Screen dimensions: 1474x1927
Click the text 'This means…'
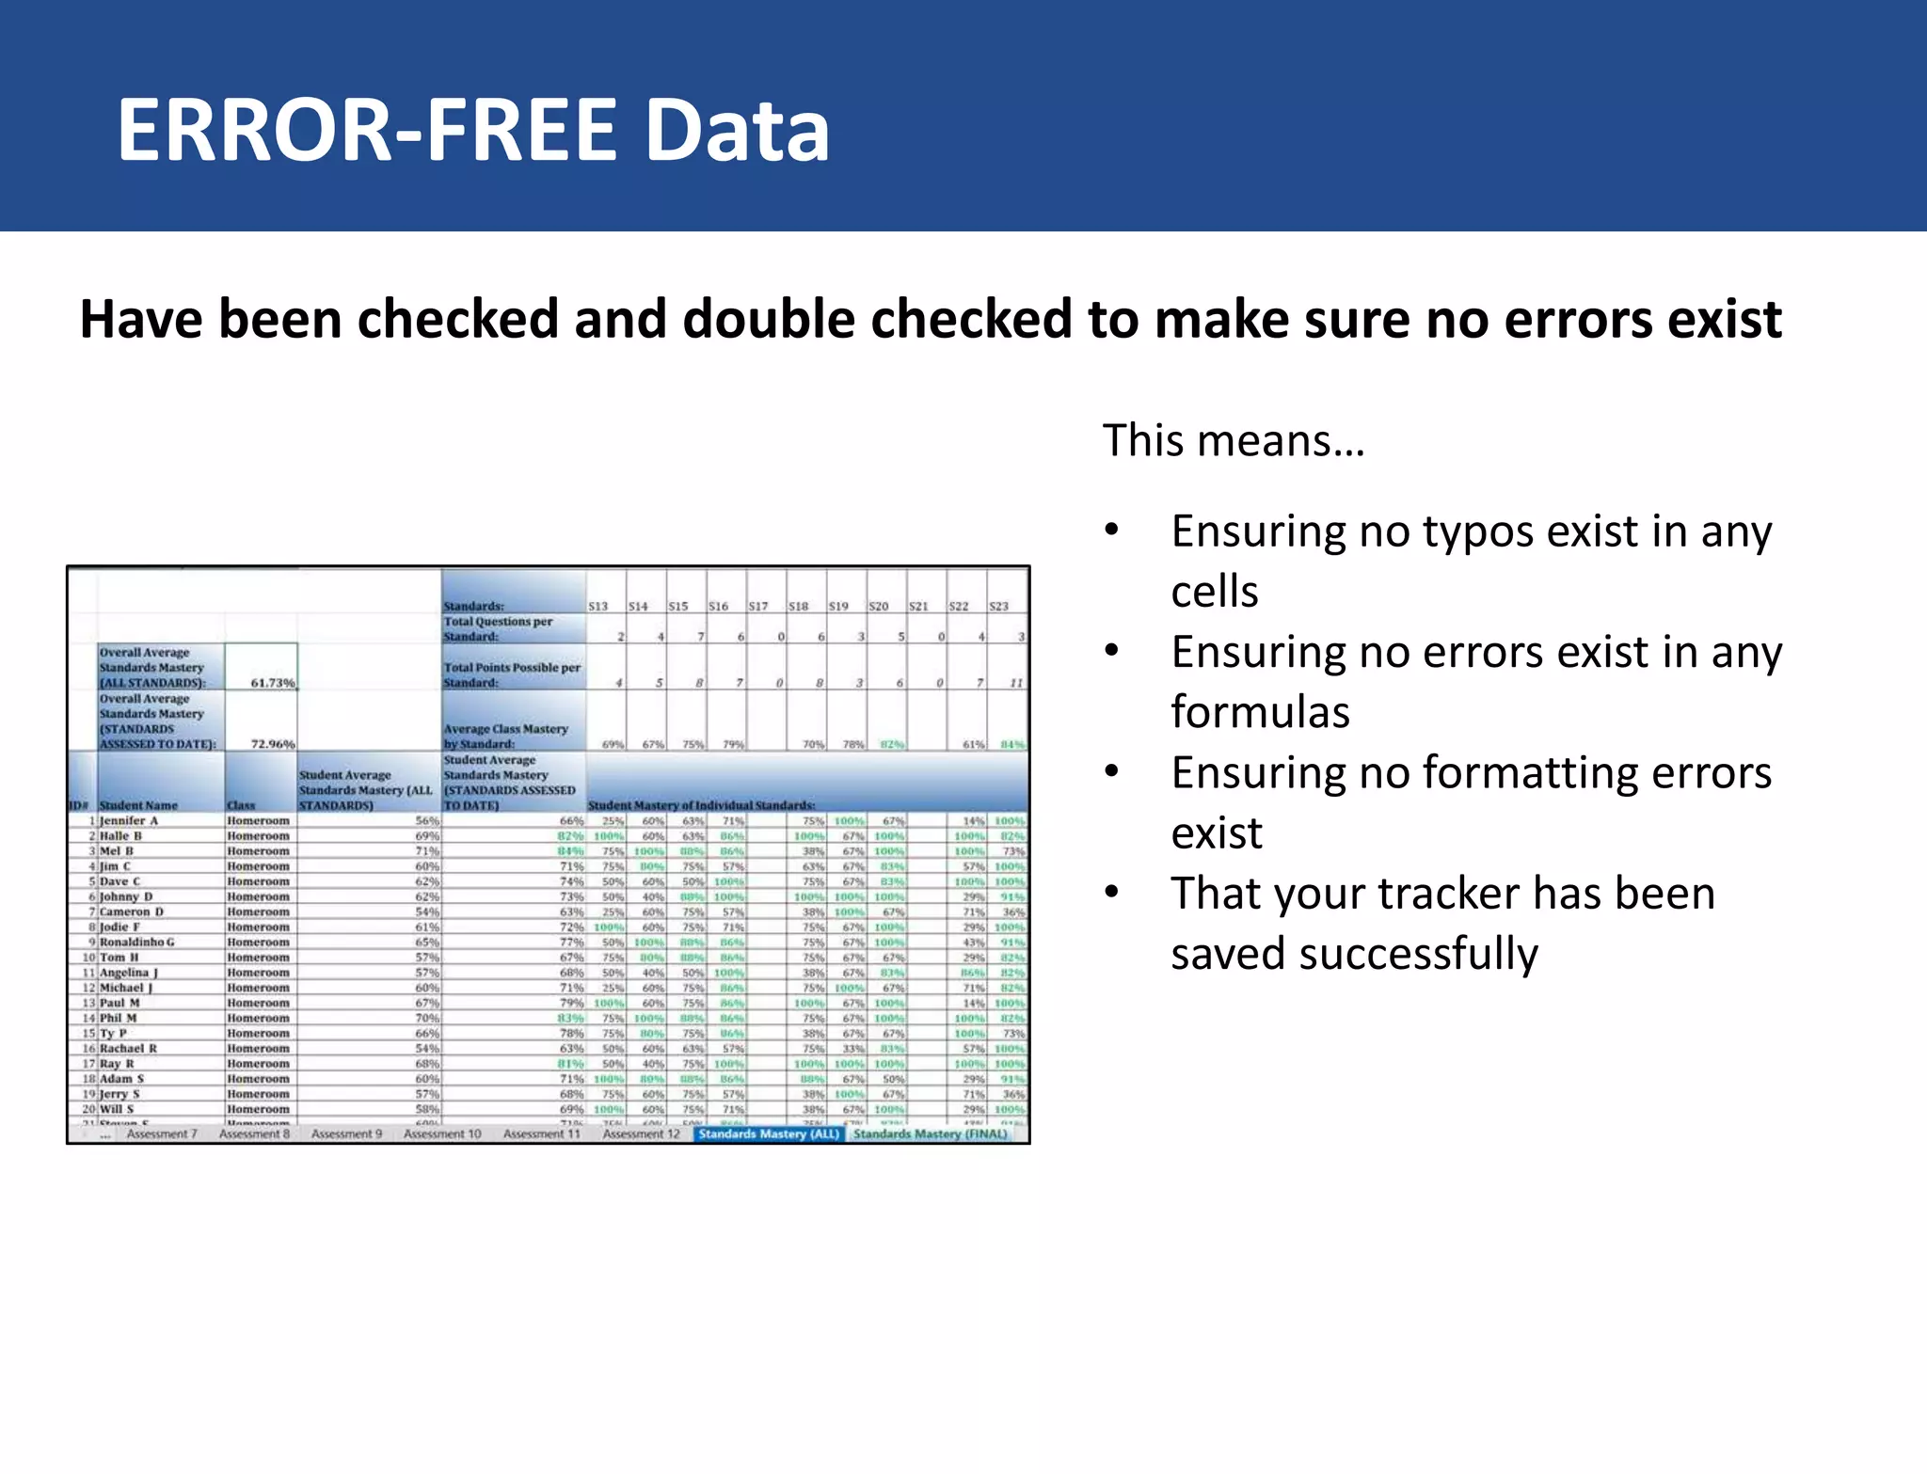point(1234,440)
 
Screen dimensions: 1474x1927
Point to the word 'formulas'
point(1260,712)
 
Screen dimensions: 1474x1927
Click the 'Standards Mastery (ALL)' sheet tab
point(768,1134)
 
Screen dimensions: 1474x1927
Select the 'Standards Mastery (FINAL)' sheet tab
point(930,1134)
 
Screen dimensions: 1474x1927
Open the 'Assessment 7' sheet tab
point(162,1134)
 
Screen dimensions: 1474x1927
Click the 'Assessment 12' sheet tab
point(641,1134)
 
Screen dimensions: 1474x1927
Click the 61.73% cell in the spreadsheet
point(272,683)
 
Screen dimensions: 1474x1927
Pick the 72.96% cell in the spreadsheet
point(272,744)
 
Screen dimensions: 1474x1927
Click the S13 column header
point(598,607)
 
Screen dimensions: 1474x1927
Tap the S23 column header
point(999,607)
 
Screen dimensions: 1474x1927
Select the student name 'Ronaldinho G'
point(137,943)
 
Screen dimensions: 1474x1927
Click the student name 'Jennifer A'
point(129,821)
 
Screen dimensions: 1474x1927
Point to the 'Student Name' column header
point(138,806)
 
